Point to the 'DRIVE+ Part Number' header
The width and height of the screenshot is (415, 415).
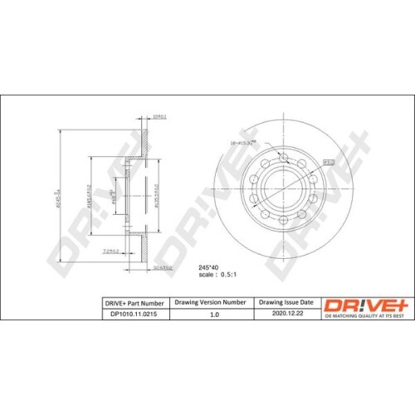pyautogui.click(x=133, y=303)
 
